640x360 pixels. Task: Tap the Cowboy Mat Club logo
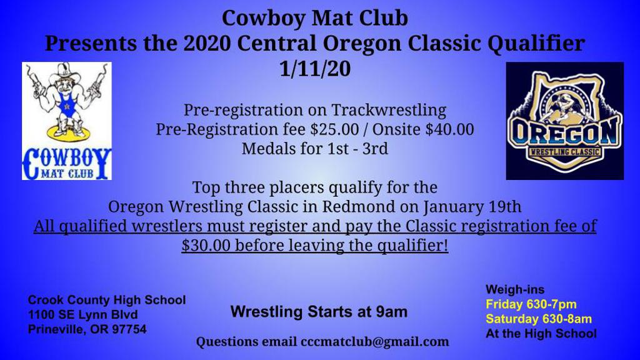pyautogui.click(x=67, y=121)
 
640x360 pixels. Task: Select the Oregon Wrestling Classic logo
pyautogui.click(x=564, y=121)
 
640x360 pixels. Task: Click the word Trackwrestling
pyautogui.click(x=389, y=111)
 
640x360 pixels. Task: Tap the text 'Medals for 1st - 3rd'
pyautogui.click(x=315, y=149)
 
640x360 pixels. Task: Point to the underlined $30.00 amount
pyautogui.click(x=208, y=246)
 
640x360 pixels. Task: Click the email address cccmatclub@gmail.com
pyautogui.click(x=375, y=342)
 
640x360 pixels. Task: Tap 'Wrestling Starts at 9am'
pyautogui.click(x=319, y=311)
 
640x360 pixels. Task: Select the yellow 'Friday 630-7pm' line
pyautogui.click(x=531, y=304)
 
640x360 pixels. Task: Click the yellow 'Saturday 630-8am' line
pyautogui.click(x=539, y=319)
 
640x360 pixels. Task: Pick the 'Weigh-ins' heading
pyautogui.click(x=515, y=289)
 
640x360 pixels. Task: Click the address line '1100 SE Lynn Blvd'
pyautogui.click(x=83, y=315)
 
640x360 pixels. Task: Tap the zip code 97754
pyautogui.click(x=129, y=329)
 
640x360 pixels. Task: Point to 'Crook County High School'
pyautogui.click(x=107, y=300)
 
